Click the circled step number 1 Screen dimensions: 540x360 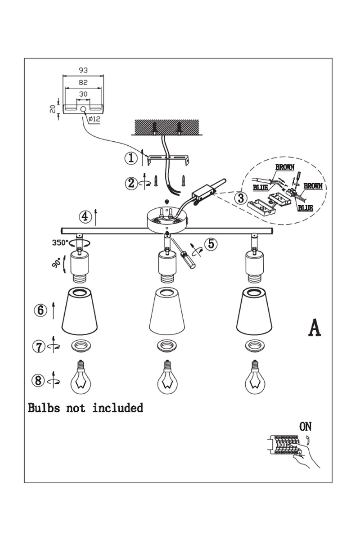click(x=130, y=158)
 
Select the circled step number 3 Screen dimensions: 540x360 click(x=241, y=197)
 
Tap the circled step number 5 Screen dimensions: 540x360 click(x=211, y=244)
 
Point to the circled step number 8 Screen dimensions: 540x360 click(x=38, y=381)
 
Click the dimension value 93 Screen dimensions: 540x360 click(x=83, y=70)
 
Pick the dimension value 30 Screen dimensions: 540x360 click(x=83, y=94)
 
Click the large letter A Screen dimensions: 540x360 click(x=314, y=328)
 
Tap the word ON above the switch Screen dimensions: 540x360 click(x=305, y=426)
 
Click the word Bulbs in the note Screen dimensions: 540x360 click(x=44, y=408)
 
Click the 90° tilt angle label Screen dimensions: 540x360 click(x=56, y=263)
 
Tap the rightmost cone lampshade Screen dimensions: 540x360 click(x=255, y=311)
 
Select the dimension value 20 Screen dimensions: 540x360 click(x=52, y=108)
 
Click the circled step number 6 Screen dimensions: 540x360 click(x=40, y=310)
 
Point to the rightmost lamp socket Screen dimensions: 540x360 click(x=254, y=266)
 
